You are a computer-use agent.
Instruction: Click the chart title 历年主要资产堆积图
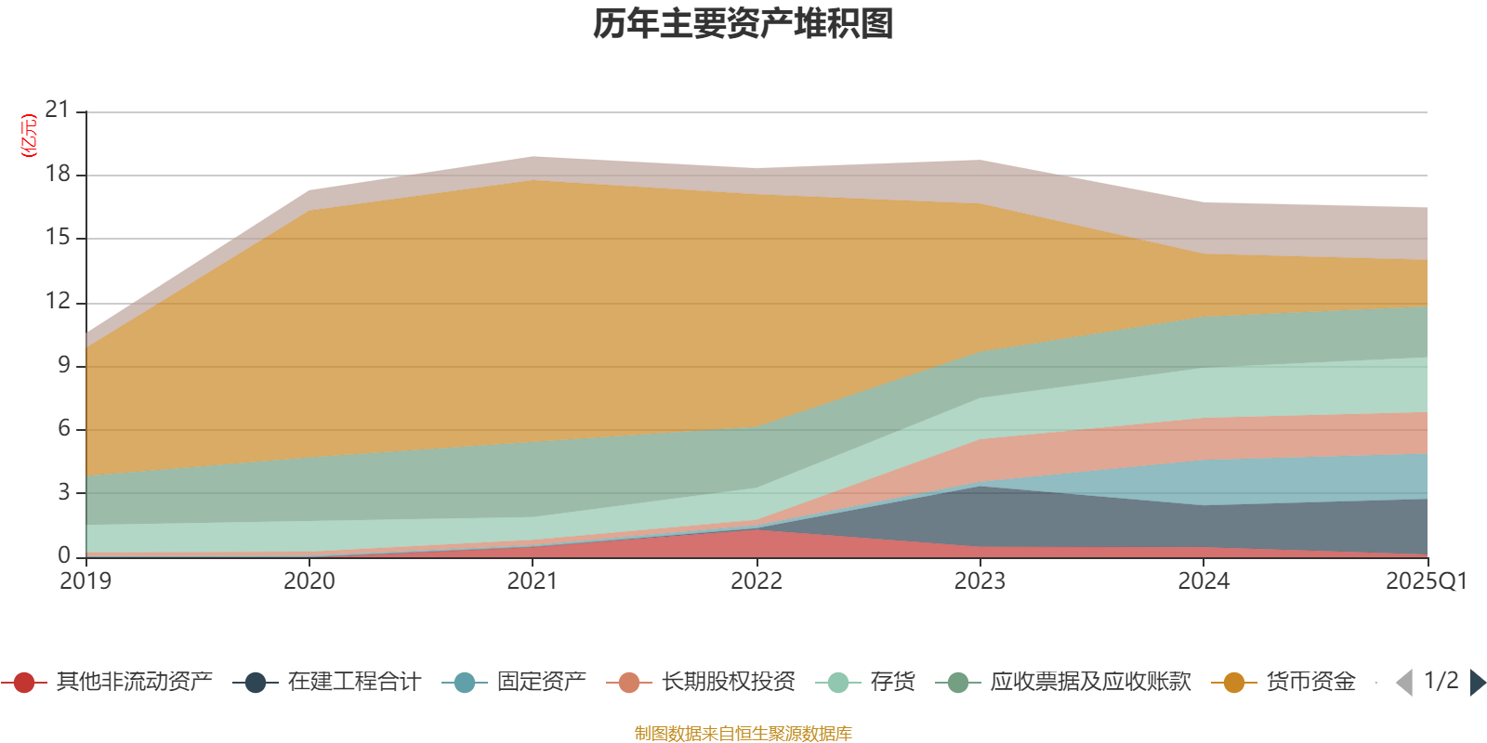(743, 24)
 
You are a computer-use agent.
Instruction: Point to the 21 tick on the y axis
(58, 111)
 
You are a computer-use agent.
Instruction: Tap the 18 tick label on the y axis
(58, 175)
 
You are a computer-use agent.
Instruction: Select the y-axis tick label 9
(64, 366)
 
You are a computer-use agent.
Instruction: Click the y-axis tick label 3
(64, 492)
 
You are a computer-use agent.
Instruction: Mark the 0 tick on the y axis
(64, 555)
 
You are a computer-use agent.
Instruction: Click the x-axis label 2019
(86, 581)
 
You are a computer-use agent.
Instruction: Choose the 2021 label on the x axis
(533, 581)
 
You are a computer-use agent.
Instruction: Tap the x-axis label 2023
(980, 581)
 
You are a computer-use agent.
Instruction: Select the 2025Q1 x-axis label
(1426, 581)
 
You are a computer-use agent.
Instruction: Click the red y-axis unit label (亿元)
(29, 136)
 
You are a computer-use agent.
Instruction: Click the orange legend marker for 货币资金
(1234, 683)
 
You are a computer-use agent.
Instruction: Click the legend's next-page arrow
(1477, 683)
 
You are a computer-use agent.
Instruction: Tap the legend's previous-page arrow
(1404, 683)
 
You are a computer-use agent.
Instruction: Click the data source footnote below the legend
(743, 734)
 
